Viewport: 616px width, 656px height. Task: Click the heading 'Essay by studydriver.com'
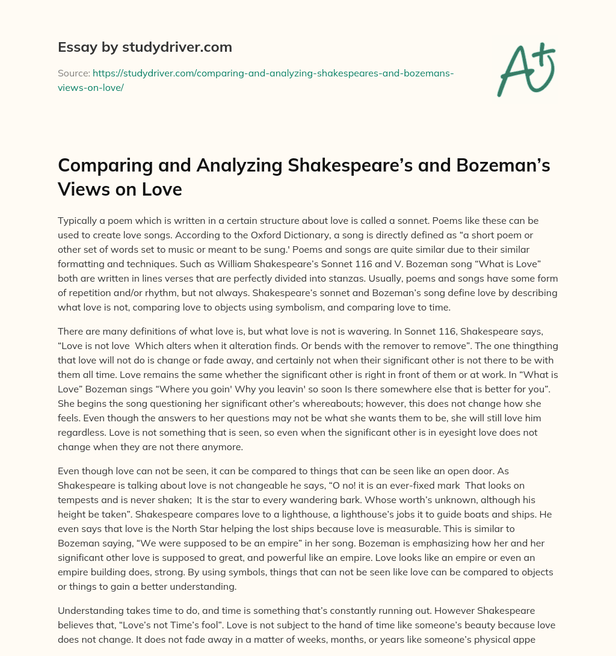click(x=144, y=47)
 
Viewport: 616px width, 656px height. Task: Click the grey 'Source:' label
click(x=73, y=73)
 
